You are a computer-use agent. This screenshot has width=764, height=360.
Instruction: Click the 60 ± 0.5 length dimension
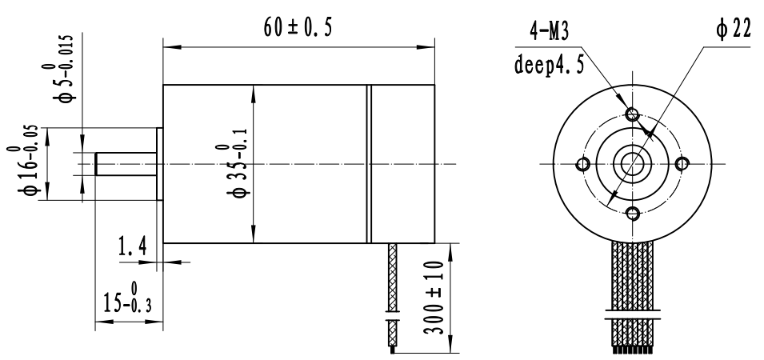click(298, 26)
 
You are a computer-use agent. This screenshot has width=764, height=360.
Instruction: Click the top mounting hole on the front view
click(633, 114)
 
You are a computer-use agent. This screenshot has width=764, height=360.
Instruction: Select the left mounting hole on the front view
click(583, 165)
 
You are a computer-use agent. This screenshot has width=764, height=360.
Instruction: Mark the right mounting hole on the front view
click(682, 164)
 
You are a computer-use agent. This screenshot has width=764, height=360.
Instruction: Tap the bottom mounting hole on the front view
click(633, 214)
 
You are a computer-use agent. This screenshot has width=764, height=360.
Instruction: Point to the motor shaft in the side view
click(125, 164)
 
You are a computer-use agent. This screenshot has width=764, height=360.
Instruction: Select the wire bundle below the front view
click(633, 296)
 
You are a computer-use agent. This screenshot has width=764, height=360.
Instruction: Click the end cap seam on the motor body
click(370, 164)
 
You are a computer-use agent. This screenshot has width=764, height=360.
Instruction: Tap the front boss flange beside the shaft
click(159, 164)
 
